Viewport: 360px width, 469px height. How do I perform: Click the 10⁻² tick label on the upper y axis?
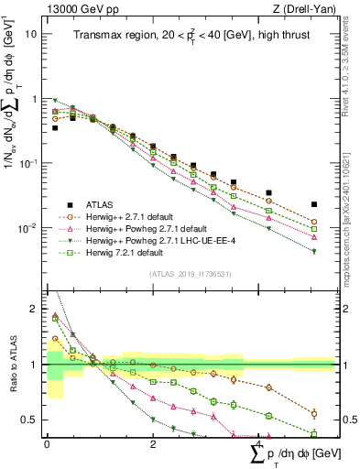pos(28,227)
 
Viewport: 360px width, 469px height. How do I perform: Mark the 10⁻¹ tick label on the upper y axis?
pos(28,163)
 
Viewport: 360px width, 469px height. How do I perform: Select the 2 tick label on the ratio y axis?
pos(34,309)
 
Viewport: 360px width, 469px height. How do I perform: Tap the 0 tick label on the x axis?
pos(47,443)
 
